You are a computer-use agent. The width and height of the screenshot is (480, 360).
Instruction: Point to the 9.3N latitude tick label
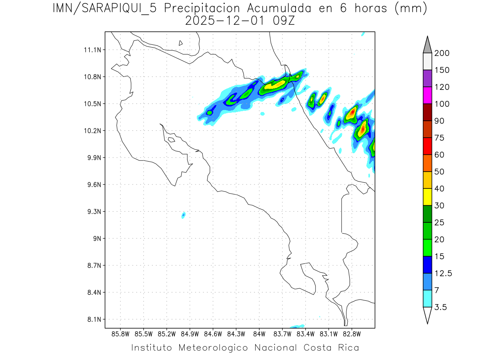[93, 212]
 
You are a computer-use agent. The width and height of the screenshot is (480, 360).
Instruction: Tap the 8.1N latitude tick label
[93, 320]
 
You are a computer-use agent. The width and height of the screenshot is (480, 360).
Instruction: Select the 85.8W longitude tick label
[120, 333]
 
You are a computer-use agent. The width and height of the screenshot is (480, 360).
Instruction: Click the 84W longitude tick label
[259, 333]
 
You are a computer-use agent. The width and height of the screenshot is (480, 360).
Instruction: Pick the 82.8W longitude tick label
[352, 333]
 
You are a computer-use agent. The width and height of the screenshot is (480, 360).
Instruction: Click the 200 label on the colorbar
[442, 53]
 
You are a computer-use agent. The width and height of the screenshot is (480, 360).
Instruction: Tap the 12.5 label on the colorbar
[443, 273]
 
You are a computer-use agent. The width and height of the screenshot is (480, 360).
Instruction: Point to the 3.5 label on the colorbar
[441, 307]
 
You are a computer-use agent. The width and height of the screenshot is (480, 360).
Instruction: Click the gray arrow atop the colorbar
[427, 45]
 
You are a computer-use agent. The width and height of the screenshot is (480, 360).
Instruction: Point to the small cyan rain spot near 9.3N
[184, 215]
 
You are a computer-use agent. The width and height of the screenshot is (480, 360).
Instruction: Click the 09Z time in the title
[284, 21]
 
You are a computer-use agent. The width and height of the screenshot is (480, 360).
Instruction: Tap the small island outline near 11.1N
[181, 43]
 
